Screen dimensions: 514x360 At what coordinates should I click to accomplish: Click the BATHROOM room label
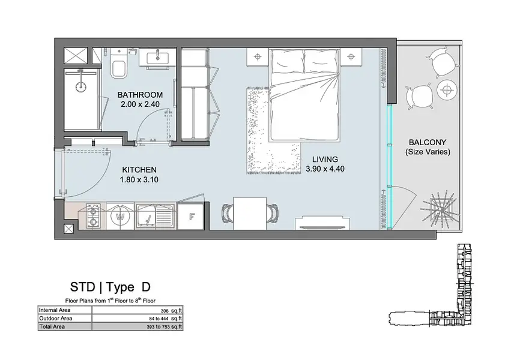click(140, 95)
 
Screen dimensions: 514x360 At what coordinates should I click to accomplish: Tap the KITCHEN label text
click(139, 170)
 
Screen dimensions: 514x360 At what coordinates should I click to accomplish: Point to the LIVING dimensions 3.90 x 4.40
click(325, 169)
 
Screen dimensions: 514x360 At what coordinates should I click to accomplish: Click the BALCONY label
click(428, 142)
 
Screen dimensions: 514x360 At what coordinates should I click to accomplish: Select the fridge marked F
click(191, 216)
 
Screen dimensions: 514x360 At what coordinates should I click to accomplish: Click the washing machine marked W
click(120, 216)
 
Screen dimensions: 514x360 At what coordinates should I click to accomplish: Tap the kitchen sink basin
click(146, 216)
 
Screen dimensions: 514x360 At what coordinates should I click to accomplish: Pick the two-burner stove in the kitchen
click(93, 216)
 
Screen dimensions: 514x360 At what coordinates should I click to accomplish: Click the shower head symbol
click(80, 86)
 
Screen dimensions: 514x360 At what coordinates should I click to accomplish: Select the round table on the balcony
click(446, 89)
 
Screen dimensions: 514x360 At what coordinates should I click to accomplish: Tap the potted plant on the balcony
click(442, 209)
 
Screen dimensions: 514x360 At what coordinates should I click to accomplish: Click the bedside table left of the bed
click(258, 57)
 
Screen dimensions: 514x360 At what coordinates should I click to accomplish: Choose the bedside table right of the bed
click(351, 57)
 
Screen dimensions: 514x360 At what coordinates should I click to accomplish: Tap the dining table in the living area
click(250, 213)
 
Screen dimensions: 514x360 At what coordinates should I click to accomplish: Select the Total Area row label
click(52, 326)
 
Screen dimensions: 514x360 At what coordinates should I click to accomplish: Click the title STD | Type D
click(110, 287)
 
